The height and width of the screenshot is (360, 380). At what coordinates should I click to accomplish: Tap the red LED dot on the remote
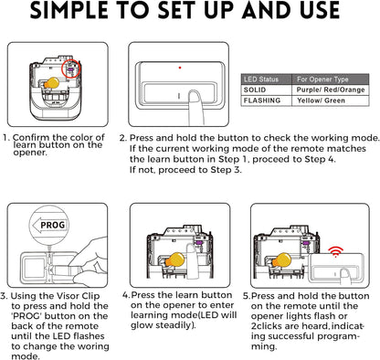(180, 68)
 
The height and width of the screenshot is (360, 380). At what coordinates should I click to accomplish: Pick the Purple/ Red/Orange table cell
(331, 90)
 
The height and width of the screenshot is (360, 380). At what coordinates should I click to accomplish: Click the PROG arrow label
(49, 226)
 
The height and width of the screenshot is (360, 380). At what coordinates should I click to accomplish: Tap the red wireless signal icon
(335, 252)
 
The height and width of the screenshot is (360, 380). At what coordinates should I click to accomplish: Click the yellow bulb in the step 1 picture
(51, 83)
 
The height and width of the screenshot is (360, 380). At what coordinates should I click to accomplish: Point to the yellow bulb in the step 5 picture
(281, 260)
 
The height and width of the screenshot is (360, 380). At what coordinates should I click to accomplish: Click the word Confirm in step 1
(31, 137)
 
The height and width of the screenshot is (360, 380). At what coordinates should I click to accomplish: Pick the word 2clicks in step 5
(267, 326)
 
